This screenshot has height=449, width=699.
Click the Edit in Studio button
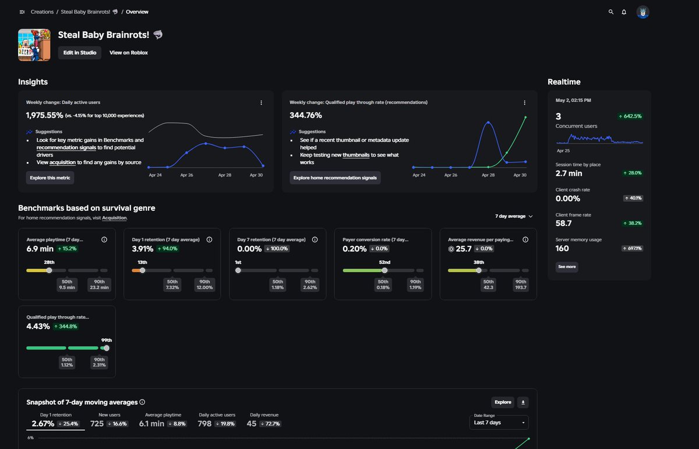click(x=80, y=53)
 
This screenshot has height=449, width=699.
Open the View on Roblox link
click(x=129, y=53)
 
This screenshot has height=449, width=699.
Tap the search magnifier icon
click(x=610, y=12)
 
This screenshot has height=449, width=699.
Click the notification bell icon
click(x=624, y=12)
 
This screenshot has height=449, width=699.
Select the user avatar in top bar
click(x=642, y=12)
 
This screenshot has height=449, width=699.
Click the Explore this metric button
click(x=50, y=178)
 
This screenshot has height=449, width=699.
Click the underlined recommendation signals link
click(x=66, y=147)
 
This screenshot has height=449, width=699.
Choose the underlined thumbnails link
click(x=356, y=155)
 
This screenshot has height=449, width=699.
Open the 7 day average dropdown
click(x=514, y=216)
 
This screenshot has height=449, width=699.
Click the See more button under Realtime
click(x=567, y=267)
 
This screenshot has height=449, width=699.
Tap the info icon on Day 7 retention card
click(x=315, y=239)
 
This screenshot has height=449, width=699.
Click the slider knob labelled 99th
click(x=107, y=348)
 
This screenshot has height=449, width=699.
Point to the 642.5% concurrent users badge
click(x=630, y=116)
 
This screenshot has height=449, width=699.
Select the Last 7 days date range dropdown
click(x=499, y=422)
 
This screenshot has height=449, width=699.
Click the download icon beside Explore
click(x=523, y=402)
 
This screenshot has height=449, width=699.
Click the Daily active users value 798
click(x=204, y=424)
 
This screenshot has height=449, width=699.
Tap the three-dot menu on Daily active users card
click(x=261, y=102)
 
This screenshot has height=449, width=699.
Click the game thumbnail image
click(x=34, y=45)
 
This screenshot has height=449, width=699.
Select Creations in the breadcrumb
click(x=42, y=12)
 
